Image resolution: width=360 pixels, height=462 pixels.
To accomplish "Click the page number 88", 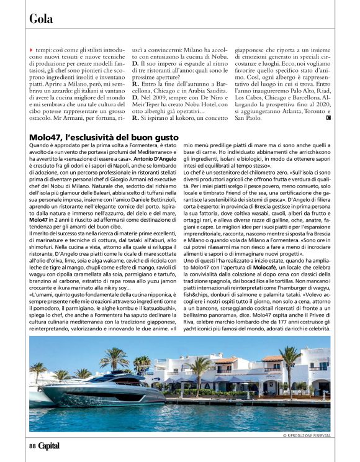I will pos(32,445).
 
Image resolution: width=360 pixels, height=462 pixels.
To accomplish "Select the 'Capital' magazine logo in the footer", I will pos(50,445).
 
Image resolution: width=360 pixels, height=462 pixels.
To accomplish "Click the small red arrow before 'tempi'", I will pos(31,49).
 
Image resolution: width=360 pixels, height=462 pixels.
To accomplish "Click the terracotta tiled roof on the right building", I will pos(273,358).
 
